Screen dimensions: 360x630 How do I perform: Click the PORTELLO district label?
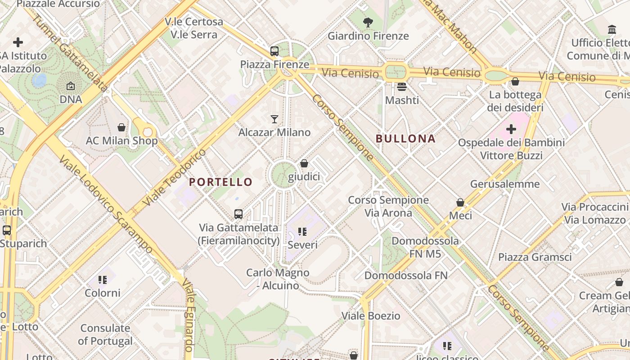(x=220, y=182)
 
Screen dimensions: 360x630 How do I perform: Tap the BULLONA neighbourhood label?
(x=405, y=139)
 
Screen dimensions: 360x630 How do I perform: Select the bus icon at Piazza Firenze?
(x=274, y=51)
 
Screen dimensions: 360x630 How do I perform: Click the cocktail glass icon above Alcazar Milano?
(x=274, y=119)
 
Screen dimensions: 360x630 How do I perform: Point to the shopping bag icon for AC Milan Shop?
(x=121, y=127)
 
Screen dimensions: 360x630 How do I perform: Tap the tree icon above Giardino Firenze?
(x=368, y=22)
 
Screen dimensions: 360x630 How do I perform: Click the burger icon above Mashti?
(x=402, y=86)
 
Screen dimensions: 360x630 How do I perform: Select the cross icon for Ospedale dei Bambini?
(x=511, y=130)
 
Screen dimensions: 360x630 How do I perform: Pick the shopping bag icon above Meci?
(x=460, y=202)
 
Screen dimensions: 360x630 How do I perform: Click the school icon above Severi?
(x=302, y=232)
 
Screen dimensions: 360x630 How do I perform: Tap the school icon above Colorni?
(x=103, y=280)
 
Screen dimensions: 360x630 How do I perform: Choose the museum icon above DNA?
(x=71, y=86)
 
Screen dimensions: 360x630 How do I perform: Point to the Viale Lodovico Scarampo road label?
(x=106, y=205)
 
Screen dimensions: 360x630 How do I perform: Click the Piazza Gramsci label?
(x=535, y=257)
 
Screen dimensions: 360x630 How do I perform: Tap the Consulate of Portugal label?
(x=105, y=334)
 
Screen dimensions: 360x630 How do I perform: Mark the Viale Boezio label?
(x=371, y=316)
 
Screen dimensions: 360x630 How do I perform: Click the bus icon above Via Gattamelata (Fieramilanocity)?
(x=238, y=214)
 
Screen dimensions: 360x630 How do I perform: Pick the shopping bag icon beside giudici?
(x=304, y=163)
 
